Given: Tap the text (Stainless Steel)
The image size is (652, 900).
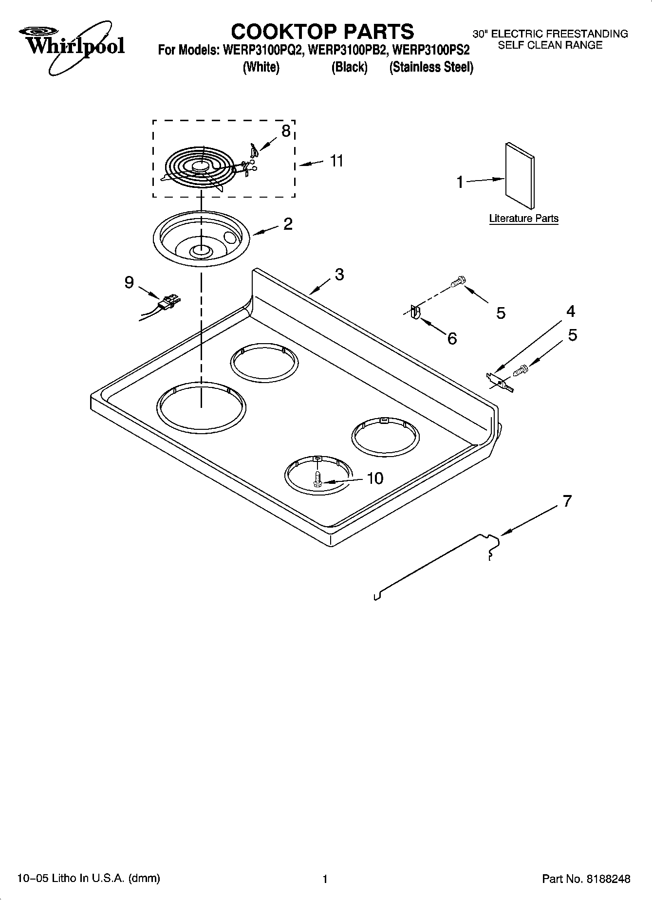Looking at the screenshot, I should click(431, 67).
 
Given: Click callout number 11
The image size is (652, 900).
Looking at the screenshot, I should click(336, 161).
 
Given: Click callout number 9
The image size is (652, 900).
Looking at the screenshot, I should click(129, 282).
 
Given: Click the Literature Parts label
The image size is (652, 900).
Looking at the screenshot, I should click(523, 219).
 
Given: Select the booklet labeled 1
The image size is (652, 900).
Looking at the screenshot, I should click(520, 175).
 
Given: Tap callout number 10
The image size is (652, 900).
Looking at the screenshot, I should click(374, 478).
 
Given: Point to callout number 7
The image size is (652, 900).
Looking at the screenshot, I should click(567, 501).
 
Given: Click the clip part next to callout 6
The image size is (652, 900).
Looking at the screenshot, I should click(414, 312).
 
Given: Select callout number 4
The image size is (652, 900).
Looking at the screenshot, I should click(570, 311).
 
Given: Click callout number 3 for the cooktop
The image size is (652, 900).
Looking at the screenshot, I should click(339, 274).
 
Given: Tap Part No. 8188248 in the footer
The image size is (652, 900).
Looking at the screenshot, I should click(586, 879).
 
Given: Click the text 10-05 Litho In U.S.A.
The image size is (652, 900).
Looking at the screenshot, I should click(88, 878).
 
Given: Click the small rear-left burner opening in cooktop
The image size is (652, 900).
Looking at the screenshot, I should click(264, 363).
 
